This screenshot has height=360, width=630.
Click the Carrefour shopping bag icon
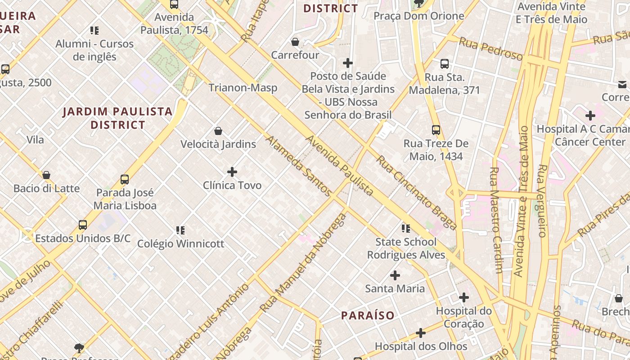[x=295, y=42]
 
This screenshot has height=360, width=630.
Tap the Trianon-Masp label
[x=243, y=88]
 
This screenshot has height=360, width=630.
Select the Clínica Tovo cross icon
[x=232, y=172]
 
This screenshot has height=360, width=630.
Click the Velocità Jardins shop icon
[x=218, y=131]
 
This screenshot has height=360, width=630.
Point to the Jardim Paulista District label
[x=117, y=118]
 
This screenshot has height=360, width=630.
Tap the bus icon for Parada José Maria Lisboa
[x=125, y=180]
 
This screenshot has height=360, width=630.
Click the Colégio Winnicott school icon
[x=180, y=230]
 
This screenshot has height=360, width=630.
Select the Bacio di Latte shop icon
[x=46, y=175]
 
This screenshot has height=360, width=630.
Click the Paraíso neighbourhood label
[x=368, y=315]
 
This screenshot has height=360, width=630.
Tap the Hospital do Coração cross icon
[x=464, y=297]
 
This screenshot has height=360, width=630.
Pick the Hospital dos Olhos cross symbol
[x=421, y=333]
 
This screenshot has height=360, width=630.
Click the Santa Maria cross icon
[x=395, y=275]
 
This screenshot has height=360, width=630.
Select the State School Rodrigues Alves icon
[x=406, y=229]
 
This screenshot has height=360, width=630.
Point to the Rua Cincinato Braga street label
[x=417, y=193]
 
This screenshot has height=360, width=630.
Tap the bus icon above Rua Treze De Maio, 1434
[x=436, y=130]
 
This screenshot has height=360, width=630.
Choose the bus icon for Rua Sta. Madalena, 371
[x=445, y=64]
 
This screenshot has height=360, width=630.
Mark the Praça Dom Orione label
[x=419, y=16]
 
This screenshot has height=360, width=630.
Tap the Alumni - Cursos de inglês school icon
[x=94, y=31]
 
